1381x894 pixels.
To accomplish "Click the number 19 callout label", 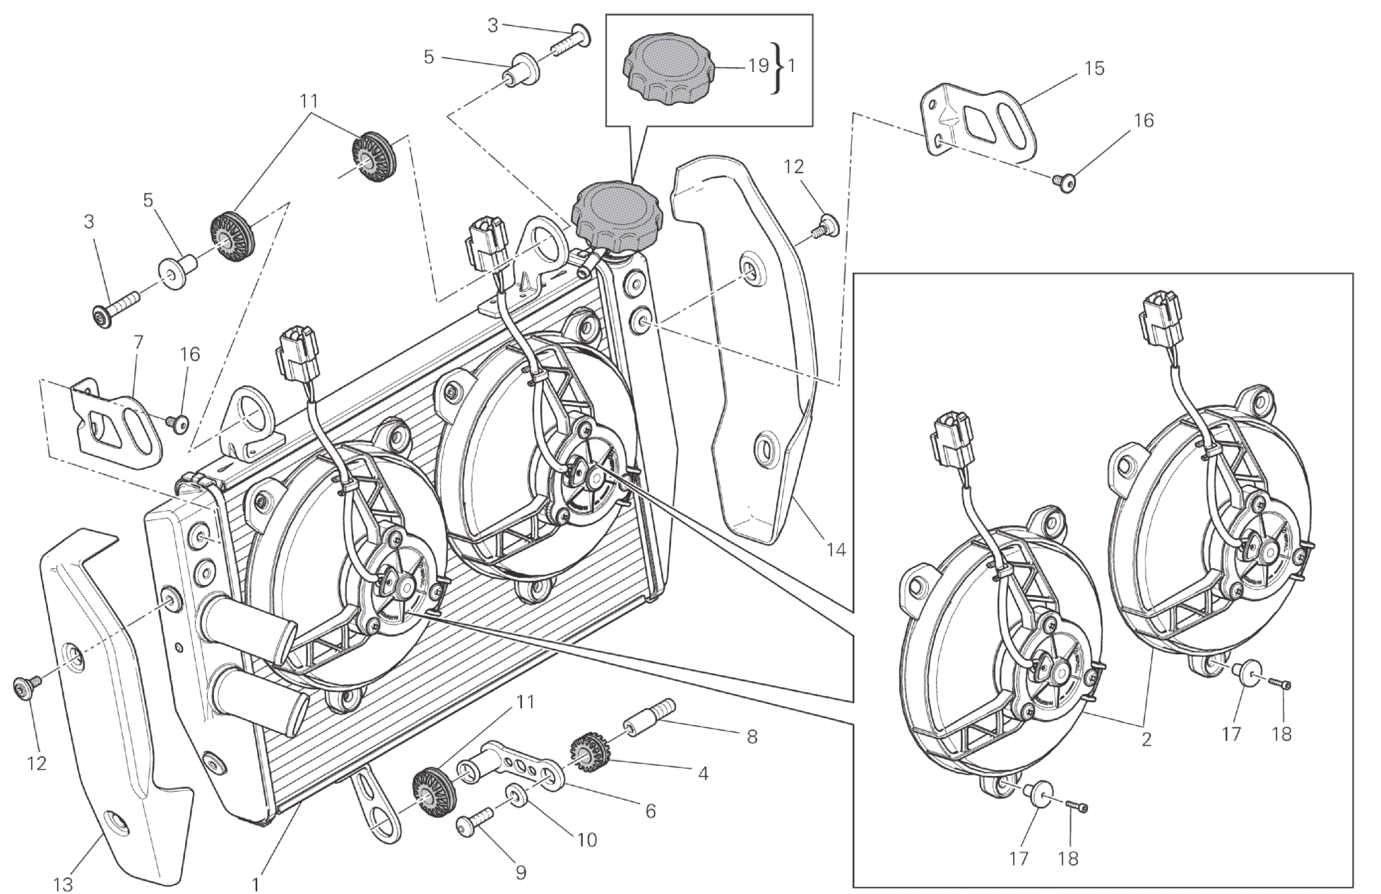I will [758, 66].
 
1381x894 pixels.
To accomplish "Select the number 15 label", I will [1093, 69].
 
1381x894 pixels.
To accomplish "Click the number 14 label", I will [836, 549].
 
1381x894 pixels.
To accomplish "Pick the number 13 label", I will [63, 883].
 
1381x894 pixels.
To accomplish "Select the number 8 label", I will [752, 736].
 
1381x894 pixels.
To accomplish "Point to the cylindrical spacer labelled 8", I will [648, 717].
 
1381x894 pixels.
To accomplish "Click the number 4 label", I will [703, 773].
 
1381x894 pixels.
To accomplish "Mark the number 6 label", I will [650, 811].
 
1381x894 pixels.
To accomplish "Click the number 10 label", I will [586, 840].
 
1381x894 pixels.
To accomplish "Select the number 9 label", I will [521, 873].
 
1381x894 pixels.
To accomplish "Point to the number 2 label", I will [1146, 739].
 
